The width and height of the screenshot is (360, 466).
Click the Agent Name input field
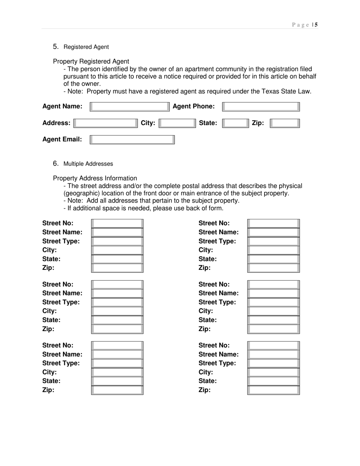click(x=130, y=107)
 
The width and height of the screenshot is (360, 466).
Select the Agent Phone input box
click(x=261, y=107)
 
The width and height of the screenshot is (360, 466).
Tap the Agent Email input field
click(x=132, y=140)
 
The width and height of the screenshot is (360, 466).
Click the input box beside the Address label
click(x=106, y=123)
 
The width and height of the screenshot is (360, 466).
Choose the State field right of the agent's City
click(x=235, y=123)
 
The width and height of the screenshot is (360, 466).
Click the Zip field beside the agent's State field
click(x=285, y=123)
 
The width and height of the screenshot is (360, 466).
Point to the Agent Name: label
click(x=62, y=106)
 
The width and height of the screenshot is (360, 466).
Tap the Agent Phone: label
click(x=194, y=106)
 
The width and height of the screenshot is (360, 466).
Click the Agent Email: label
click(x=62, y=139)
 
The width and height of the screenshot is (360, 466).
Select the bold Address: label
click(x=56, y=123)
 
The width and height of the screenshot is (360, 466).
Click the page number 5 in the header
click(x=316, y=25)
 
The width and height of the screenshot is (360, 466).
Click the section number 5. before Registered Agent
click(x=56, y=47)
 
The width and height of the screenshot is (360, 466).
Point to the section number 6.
click(x=56, y=164)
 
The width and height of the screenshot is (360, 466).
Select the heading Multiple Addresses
click(x=88, y=164)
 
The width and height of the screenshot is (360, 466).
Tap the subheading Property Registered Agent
click(x=91, y=61)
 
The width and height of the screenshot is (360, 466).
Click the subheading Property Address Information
click(x=95, y=178)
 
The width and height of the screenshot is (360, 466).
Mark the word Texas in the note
click(x=270, y=91)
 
